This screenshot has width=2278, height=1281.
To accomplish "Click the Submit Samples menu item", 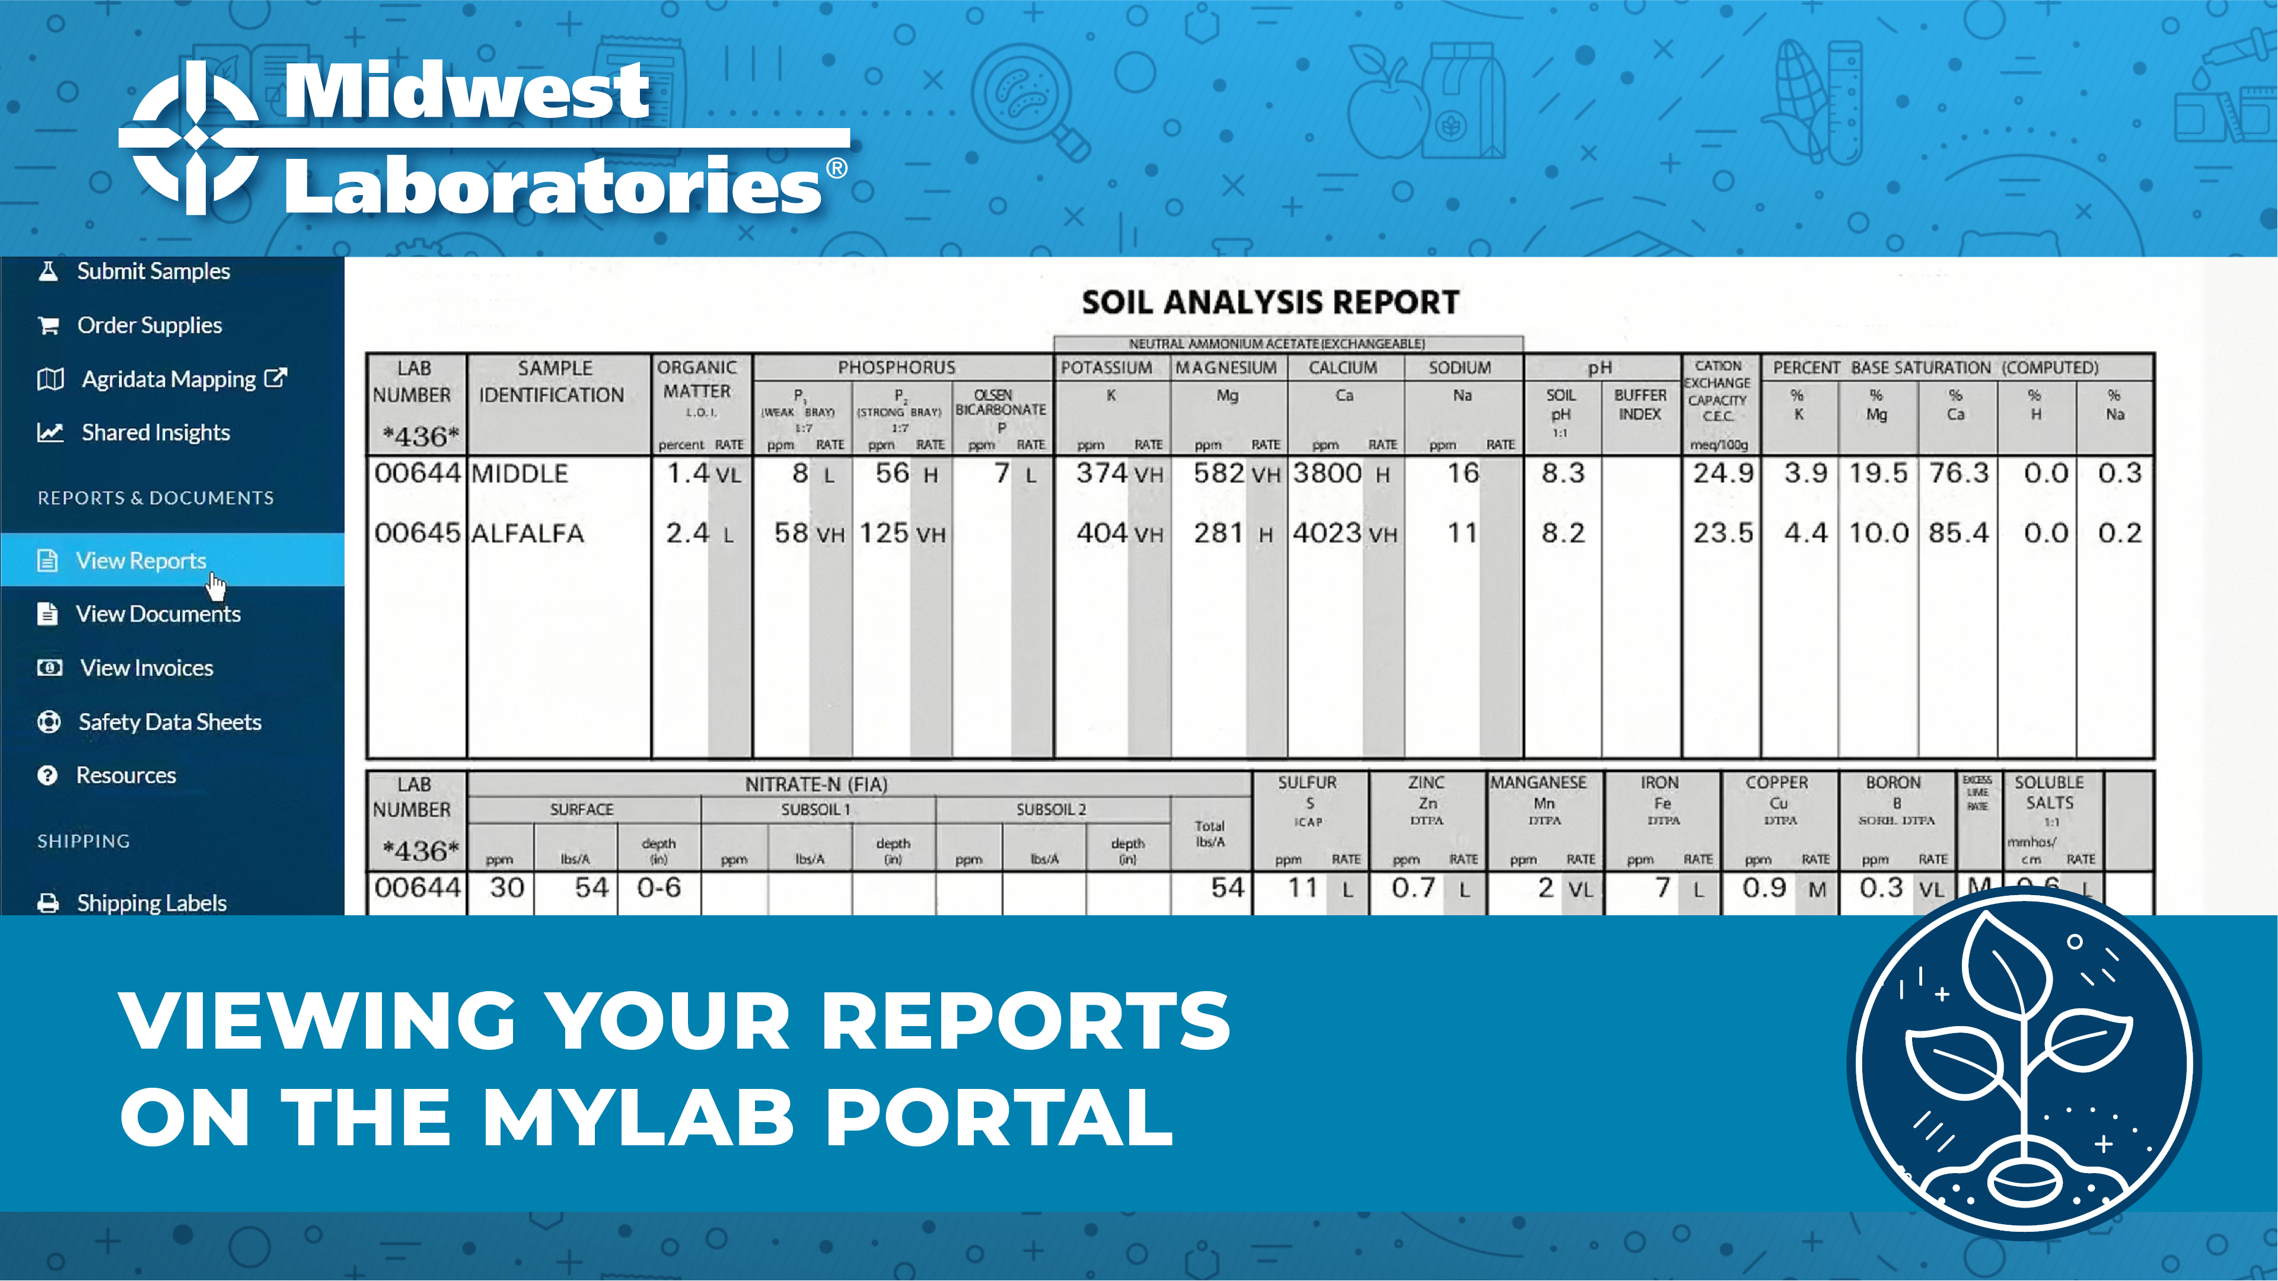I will click(x=152, y=271).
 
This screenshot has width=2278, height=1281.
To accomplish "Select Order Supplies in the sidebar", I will click(x=148, y=325).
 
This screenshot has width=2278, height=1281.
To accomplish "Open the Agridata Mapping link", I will click(x=168, y=379).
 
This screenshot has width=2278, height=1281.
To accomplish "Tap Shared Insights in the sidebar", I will click(x=155, y=432).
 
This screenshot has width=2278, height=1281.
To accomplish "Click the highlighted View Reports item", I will click(x=140, y=561).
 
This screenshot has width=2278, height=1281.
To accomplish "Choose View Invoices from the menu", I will click(x=146, y=667).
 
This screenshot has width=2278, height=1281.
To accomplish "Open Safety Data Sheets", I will click(x=169, y=721).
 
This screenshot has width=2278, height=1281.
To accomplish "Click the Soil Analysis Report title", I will click(x=1270, y=302).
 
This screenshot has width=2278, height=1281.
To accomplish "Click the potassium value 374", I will click(x=1101, y=473).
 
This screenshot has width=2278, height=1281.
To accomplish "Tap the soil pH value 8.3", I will click(x=1563, y=473).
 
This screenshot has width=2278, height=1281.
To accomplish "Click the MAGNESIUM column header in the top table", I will click(x=1226, y=368).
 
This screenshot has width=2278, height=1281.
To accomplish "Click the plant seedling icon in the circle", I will click(x=2024, y=1061).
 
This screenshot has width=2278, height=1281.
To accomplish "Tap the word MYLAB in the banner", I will click(x=638, y=1117).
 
